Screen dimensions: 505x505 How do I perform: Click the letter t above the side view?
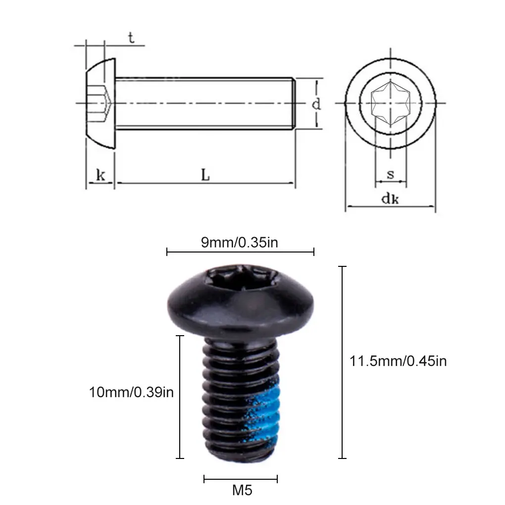(x=131, y=38)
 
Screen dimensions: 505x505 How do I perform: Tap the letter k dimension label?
(x=101, y=175)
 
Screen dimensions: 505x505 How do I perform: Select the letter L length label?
(x=205, y=175)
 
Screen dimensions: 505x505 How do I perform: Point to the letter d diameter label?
(x=316, y=104)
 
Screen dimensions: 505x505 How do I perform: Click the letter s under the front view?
(x=390, y=174)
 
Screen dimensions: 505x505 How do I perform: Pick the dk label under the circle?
(x=390, y=198)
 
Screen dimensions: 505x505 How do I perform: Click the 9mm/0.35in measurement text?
(x=239, y=242)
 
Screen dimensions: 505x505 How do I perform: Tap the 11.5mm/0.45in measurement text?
(x=398, y=361)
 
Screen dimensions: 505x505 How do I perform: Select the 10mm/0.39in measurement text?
(x=131, y=392)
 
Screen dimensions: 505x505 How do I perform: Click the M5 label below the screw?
(x=242, y=491)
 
